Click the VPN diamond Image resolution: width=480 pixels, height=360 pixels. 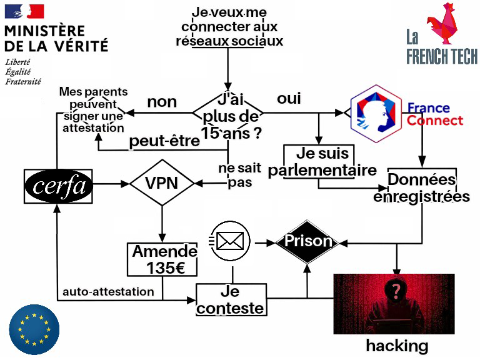(161, 183)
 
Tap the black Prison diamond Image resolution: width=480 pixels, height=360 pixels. (307, 241)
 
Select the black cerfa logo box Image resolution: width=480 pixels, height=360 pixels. (58, 186)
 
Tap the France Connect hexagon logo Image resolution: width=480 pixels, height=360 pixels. (375, 114)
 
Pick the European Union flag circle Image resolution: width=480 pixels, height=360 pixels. (34, 329)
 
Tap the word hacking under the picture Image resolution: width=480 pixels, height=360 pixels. (397, 346)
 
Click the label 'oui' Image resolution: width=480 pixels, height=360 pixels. (289, 99)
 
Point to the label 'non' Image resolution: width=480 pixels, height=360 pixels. (162, 102)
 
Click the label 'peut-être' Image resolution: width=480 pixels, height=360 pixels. (164, 141)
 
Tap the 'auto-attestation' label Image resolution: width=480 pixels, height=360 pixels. (108, 291)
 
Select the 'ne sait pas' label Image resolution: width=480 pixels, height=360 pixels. (235, 175)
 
